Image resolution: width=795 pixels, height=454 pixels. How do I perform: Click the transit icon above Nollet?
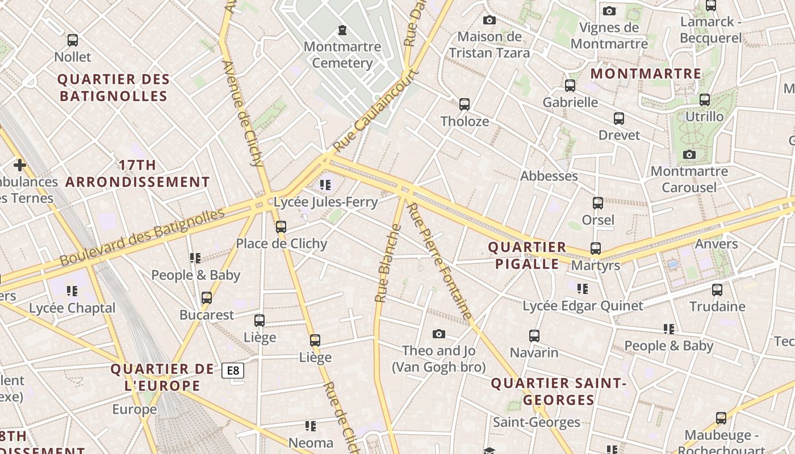(72, 40)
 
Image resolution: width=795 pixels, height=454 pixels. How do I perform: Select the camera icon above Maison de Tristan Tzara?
(489, 20)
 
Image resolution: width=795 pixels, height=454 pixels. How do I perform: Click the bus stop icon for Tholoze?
(465, 104)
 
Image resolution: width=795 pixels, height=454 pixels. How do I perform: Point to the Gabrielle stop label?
(570, 102)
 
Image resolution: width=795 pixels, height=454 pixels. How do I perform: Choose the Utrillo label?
(704, 116)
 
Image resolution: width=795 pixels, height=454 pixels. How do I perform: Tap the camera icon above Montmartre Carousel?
(689, 154)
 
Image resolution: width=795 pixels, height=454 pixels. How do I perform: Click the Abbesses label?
(549, 176)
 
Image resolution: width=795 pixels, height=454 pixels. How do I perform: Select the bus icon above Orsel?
(597, 203)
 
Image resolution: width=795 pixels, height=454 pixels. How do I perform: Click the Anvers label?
(717, 244)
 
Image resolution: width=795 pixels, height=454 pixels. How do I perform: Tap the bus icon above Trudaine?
(717, 290)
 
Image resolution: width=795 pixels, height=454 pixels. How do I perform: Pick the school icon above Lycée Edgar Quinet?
(582, 289)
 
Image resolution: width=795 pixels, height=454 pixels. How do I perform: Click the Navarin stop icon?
(534, 336)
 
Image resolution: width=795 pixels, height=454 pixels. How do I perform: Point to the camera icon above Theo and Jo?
(438, 334)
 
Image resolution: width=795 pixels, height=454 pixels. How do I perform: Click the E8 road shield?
(233, 371)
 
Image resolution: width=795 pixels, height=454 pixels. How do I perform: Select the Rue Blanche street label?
(388, 263)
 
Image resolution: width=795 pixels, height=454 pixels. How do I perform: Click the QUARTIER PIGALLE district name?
(527, 255)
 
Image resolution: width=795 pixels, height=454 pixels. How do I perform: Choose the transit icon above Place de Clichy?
(281, 227)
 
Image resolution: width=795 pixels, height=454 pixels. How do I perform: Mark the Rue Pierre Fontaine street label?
(440, 261)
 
